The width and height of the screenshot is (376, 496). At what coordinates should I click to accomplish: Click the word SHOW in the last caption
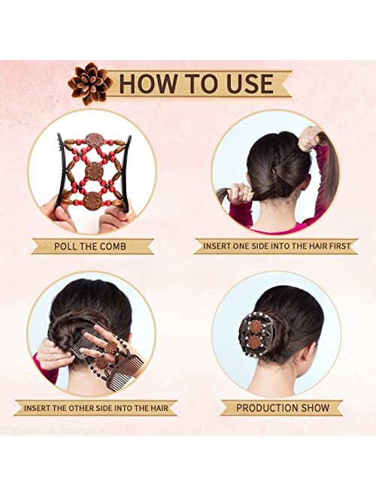[314, 408]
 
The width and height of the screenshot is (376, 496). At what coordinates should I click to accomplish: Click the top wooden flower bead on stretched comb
[95, 140]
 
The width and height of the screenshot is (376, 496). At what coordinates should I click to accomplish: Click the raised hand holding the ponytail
[310, 138]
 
